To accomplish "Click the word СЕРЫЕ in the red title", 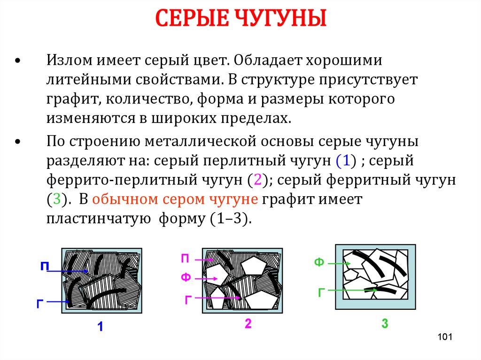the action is pos(192,18).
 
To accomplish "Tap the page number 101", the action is pos(445,337).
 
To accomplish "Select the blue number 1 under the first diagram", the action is pos(100,327).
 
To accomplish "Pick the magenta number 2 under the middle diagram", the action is pos(248,323).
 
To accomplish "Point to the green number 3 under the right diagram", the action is pos(385,323).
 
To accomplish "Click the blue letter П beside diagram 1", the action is pos(45,266).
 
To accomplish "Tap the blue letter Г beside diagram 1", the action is pos(40,304).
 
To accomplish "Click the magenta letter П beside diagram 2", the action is pos(185,259).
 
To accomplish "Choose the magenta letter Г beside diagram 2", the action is pos(188,299).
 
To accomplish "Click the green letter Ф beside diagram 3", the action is pos(319,262).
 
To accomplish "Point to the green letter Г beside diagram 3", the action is pos(321,292).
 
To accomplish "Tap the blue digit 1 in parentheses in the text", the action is pos(346,161).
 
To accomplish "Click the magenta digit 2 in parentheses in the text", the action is pos(258,180).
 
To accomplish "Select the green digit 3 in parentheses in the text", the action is pos(57,199).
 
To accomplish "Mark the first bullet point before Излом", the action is pos(18,61).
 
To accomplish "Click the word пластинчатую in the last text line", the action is pos(99,219).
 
